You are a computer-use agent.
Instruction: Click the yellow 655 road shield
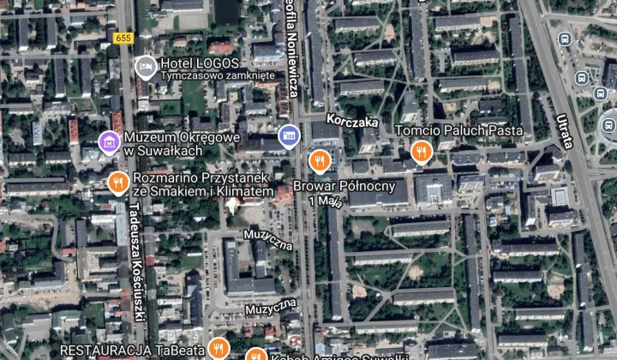click(x=123, y=38)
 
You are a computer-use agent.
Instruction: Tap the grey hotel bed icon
click(x=145, y=65)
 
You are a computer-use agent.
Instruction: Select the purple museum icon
click(x=109, y=141)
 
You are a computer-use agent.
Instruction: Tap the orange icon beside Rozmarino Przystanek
click(x=118, y=182)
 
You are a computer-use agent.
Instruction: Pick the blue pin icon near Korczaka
click(x=289, y=135)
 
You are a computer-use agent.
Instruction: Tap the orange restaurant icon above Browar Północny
click(x=320, y=159)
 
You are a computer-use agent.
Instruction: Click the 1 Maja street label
click(x=326, y=201)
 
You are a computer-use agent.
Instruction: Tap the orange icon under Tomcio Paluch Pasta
click(x=420, y=151)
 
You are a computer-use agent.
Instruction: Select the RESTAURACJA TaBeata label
click(x=133, y=350)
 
